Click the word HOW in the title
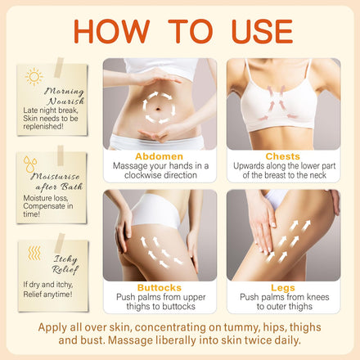[111, 31]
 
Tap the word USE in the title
[262, 31]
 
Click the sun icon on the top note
[34, 77]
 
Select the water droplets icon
[30, 164]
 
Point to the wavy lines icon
[34, 253]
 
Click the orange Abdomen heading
[160, 156]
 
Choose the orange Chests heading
[283, 156]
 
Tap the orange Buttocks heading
[160, 288]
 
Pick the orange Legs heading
[283, 288]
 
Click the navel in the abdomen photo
[159, 110]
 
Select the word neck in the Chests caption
[317, 175]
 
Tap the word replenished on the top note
[43, 127]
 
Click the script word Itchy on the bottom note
[65, 259]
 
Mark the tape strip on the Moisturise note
[61, 155]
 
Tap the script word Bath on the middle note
[72, 187]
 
